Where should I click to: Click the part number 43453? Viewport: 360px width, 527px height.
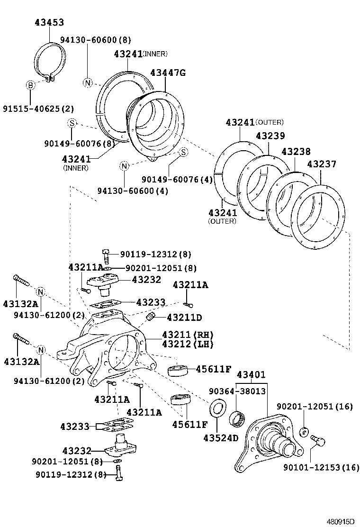point(49,22)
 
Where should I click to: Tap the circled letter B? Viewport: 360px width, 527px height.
point(30,85)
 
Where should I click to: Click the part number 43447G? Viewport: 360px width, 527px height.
point(168,73)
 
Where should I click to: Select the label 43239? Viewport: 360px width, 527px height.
point(270,136)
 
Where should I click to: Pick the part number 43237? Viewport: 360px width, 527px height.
point(322,164)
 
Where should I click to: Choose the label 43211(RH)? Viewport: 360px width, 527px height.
point(188,335)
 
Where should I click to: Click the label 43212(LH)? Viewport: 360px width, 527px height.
point(188,344)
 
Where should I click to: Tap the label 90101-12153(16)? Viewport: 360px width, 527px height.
point(321,467)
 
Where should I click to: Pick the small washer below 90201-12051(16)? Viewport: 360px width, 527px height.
point(304,432)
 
